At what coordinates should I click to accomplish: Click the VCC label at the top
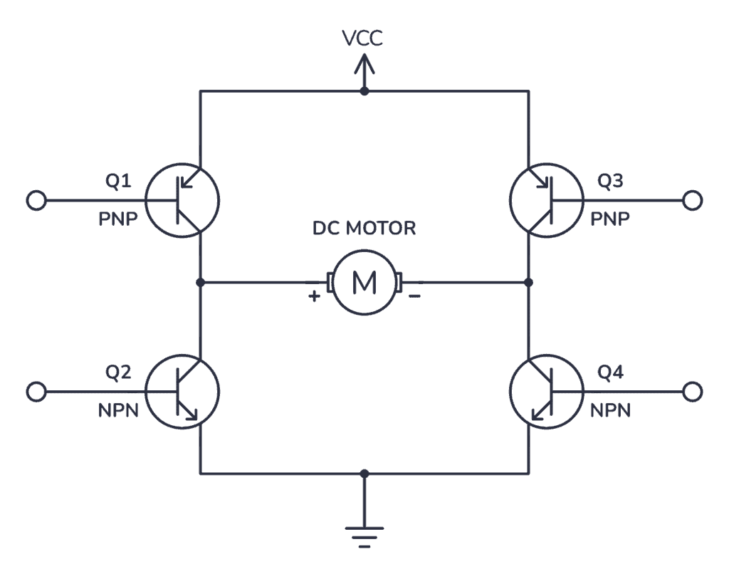tap(364, 38)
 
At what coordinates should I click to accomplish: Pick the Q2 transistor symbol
tap(182, 391)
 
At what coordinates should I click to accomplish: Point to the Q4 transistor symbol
tap(547, 391)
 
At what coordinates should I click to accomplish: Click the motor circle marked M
tap(364, 283)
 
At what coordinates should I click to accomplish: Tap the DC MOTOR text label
tap(364, 229)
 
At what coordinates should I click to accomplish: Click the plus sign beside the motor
tap(314, 298)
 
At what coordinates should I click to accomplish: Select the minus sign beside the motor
tap(414, 298)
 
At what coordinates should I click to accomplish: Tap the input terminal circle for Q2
tap(36, 391)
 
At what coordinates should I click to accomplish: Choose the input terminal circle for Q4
tap(692, 391)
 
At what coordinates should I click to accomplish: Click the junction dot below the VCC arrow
tap(364, 91)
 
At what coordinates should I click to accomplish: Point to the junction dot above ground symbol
tap(364, 473)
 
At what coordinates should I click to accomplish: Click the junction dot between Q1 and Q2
tap(201, 283)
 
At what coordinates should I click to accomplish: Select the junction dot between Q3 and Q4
tap(528, 283)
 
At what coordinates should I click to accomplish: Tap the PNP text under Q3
tap(610, 219)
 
